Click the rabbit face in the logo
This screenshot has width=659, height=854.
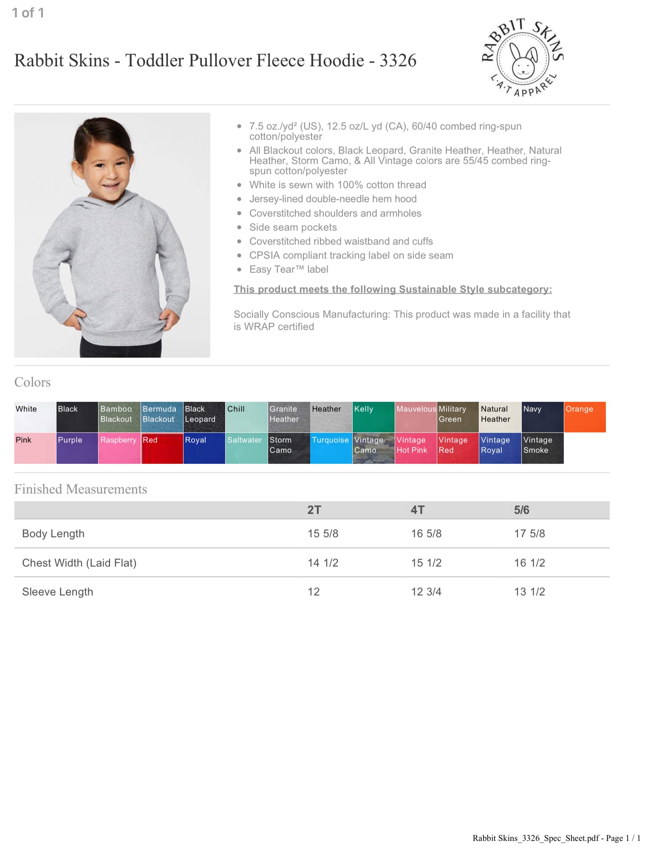523,64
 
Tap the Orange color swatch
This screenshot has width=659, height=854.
585,417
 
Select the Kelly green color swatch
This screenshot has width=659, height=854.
373,417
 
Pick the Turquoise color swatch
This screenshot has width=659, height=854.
331,448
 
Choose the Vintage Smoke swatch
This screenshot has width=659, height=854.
542,448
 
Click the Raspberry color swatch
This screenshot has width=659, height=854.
119,448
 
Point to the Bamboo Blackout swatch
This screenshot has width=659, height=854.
119,417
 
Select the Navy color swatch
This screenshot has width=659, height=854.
542,417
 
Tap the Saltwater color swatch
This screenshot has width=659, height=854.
246,448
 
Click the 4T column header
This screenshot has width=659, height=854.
417,510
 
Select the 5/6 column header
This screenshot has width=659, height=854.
521,510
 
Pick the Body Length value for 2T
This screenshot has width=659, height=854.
323,534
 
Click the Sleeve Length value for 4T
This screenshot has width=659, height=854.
426,592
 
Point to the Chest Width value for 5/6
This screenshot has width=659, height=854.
529,563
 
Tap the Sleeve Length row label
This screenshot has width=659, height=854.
57,592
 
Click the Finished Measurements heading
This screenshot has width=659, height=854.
81,489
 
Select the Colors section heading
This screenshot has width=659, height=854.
32,382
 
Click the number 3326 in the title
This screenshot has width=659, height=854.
398,61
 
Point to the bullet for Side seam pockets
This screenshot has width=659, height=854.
240,228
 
